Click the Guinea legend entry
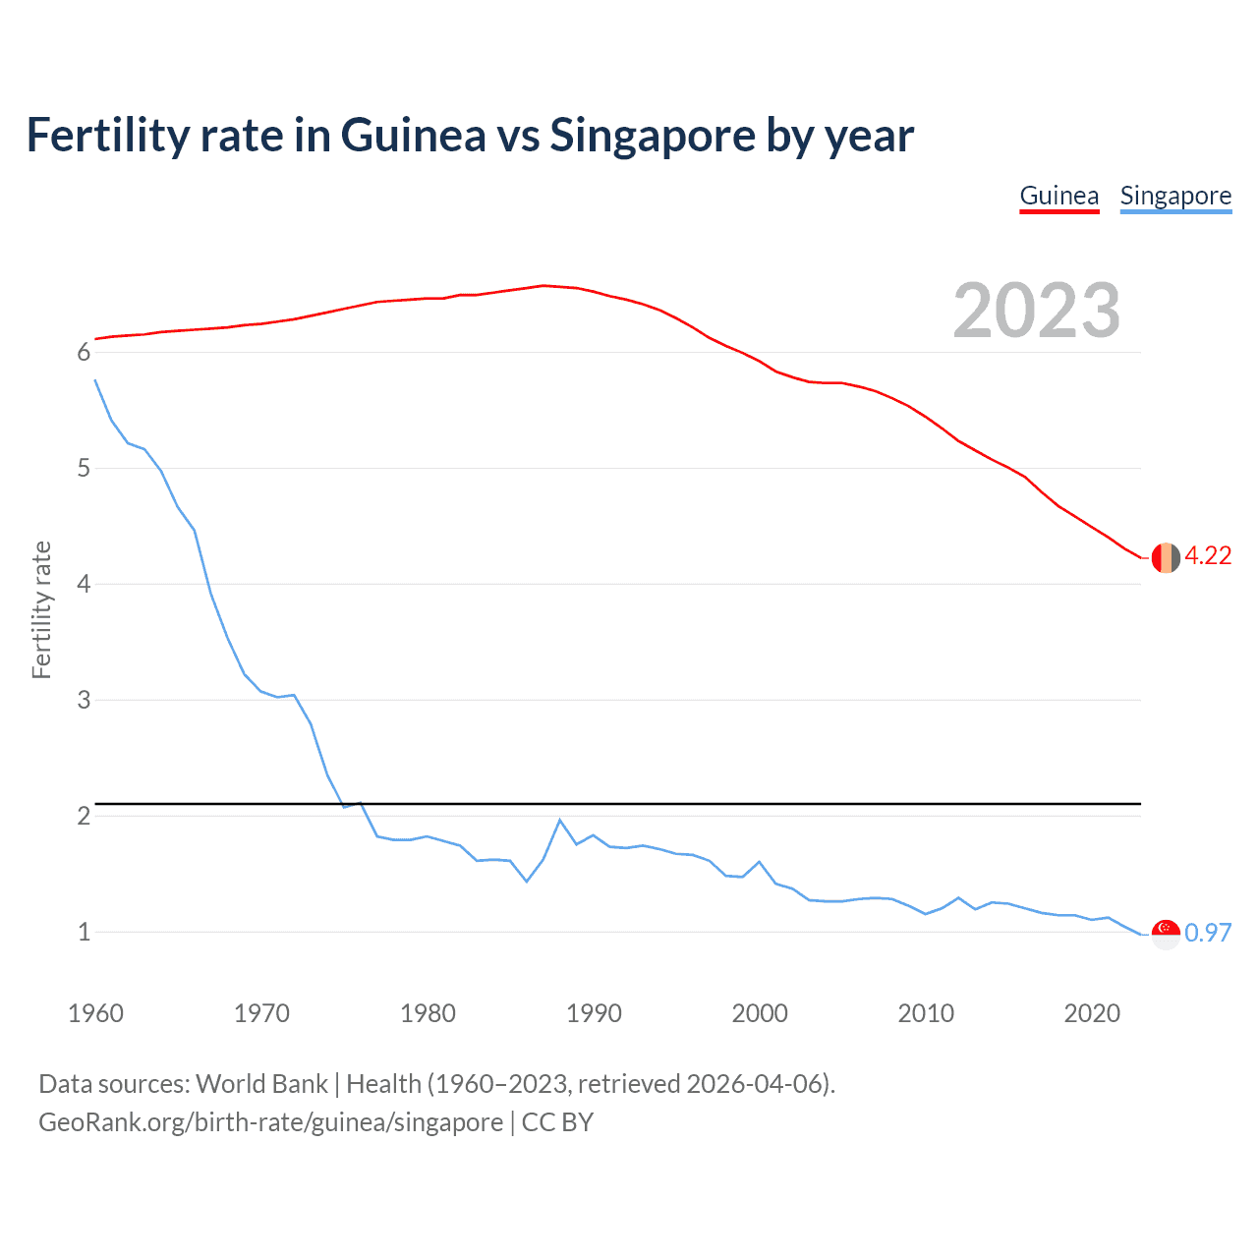coord(1058,196)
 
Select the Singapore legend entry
coord(1175,196)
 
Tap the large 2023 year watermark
coord(1036,311)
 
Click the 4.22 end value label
coord(1208,556)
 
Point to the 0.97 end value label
coord(1208,933)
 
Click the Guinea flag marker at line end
coord(1166,557)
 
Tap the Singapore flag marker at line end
coord(1166,934)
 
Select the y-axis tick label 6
coord(84,353)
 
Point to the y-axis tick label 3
coord(84,701)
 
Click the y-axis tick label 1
coord(84,933)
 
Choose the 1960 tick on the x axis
coord(95,1013)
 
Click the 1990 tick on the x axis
coord(594,1013)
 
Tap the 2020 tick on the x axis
coord(1092,1013)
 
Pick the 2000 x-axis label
coord(760,1013)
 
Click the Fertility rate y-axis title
coord(41,609)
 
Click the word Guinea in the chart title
coord(413,136)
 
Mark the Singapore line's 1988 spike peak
coord(560,820)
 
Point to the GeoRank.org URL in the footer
coord(270,1122)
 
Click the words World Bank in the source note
coord(261,1084)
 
